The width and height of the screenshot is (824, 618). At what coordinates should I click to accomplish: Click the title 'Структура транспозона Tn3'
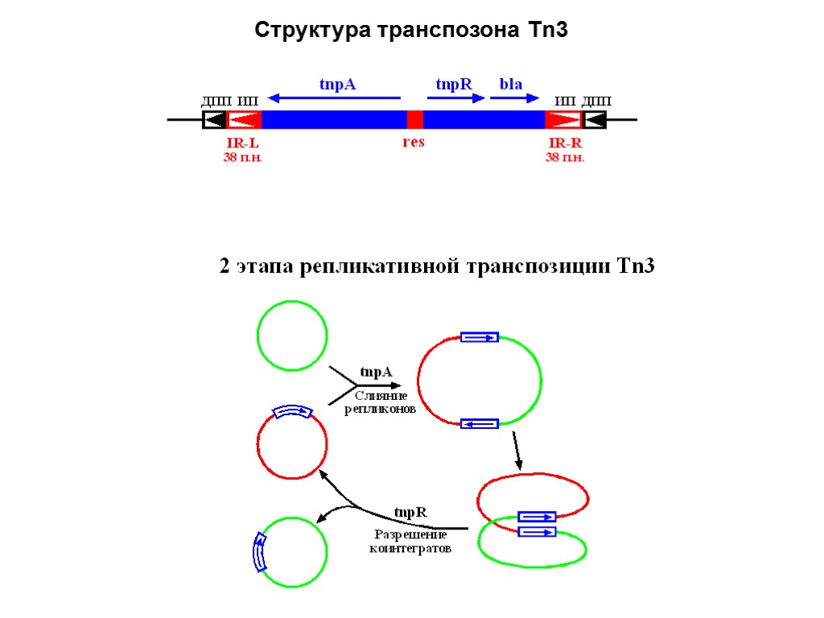(x=412, y=31)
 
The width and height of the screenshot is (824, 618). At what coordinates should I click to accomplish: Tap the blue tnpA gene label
(x=337, y=84)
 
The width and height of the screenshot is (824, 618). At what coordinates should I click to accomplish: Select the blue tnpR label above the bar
(x=453, y=84)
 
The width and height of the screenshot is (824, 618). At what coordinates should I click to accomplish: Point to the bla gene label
(x=511, y=84)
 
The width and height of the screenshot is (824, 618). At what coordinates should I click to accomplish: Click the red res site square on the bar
(x=415, y=120)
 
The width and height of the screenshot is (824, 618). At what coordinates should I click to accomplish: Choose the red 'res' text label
(x=413, y=142)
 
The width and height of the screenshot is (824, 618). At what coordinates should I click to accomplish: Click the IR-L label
(x=243, y=142)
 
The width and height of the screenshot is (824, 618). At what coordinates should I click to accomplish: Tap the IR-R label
(x=565, y=142)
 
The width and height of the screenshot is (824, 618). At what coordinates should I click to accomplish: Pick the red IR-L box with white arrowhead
(x=244, y=120)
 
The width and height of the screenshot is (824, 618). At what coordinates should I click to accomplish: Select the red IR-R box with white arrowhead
(x=563, y=120)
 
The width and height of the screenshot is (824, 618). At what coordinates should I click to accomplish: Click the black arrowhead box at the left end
(x=214, y=120)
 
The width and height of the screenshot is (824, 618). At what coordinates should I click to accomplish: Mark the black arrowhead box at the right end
(x=594, y=120)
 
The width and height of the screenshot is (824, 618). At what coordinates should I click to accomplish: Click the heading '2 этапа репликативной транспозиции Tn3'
(x=438, y=266)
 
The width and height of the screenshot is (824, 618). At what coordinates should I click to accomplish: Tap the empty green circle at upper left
(x=292, y=335)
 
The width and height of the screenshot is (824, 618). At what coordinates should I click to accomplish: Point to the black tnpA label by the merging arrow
(x=376, y=372)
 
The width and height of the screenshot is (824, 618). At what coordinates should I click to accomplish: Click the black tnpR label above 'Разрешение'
(x=410, y=513)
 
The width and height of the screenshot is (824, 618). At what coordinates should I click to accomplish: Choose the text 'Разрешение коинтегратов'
(x=410, y=542)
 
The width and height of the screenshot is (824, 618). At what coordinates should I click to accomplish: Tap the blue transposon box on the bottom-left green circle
(x=259, y=552)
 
